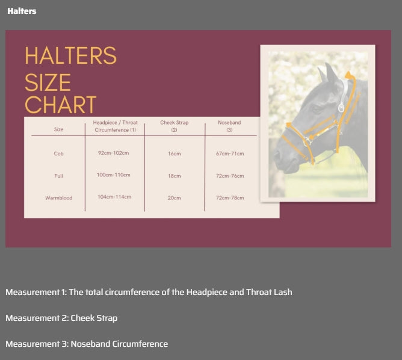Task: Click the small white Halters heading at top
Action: pyautogui.click(x=22, y=11)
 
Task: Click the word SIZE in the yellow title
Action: pyautogui.click(x=48, y=82)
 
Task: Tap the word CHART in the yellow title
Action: pyautogui.click(x=61, y=104)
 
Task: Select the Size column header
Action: pyautogui.click(x=58, y=129)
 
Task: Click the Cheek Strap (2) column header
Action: pyautogui.click(x=175, y=126)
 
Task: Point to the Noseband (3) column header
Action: pyautogui.click(x=229, y=126)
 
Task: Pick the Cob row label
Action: pyautogui.click(x=58, y=154)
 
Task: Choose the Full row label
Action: pyautogui.click(x=58, y=176)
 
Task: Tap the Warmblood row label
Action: pyautogui.click(x=59, y=198)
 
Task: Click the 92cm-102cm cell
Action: pyautogui.click(x=113, y=153)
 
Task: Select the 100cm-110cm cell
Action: pyautogui.click(x=113, y=175)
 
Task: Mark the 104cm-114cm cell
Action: pyautogui.click(x=114, y=197)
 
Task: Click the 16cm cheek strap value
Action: pyautogui.click(x=175, y=154)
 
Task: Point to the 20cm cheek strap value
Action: pyautogui.click(x=175, y=198)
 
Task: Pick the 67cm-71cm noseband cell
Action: pyautogui.click(x=230, y=154)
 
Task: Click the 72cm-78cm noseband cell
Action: pyautogui.click(x=230, y=198)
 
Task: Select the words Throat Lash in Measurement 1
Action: pyautogui.click(x=269, y=292)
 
